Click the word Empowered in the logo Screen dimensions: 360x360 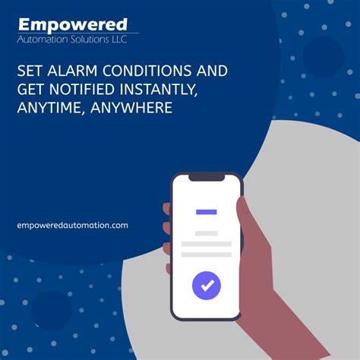click(73, 26)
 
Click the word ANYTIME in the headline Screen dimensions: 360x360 click(49, 109)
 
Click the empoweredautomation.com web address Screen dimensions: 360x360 click(72, 225)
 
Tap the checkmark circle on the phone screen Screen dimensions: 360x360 click(206, 286)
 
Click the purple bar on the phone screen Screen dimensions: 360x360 click(206, 212)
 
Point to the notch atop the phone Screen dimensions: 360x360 click(206, 178)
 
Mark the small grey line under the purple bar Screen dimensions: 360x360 click(206, 233)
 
